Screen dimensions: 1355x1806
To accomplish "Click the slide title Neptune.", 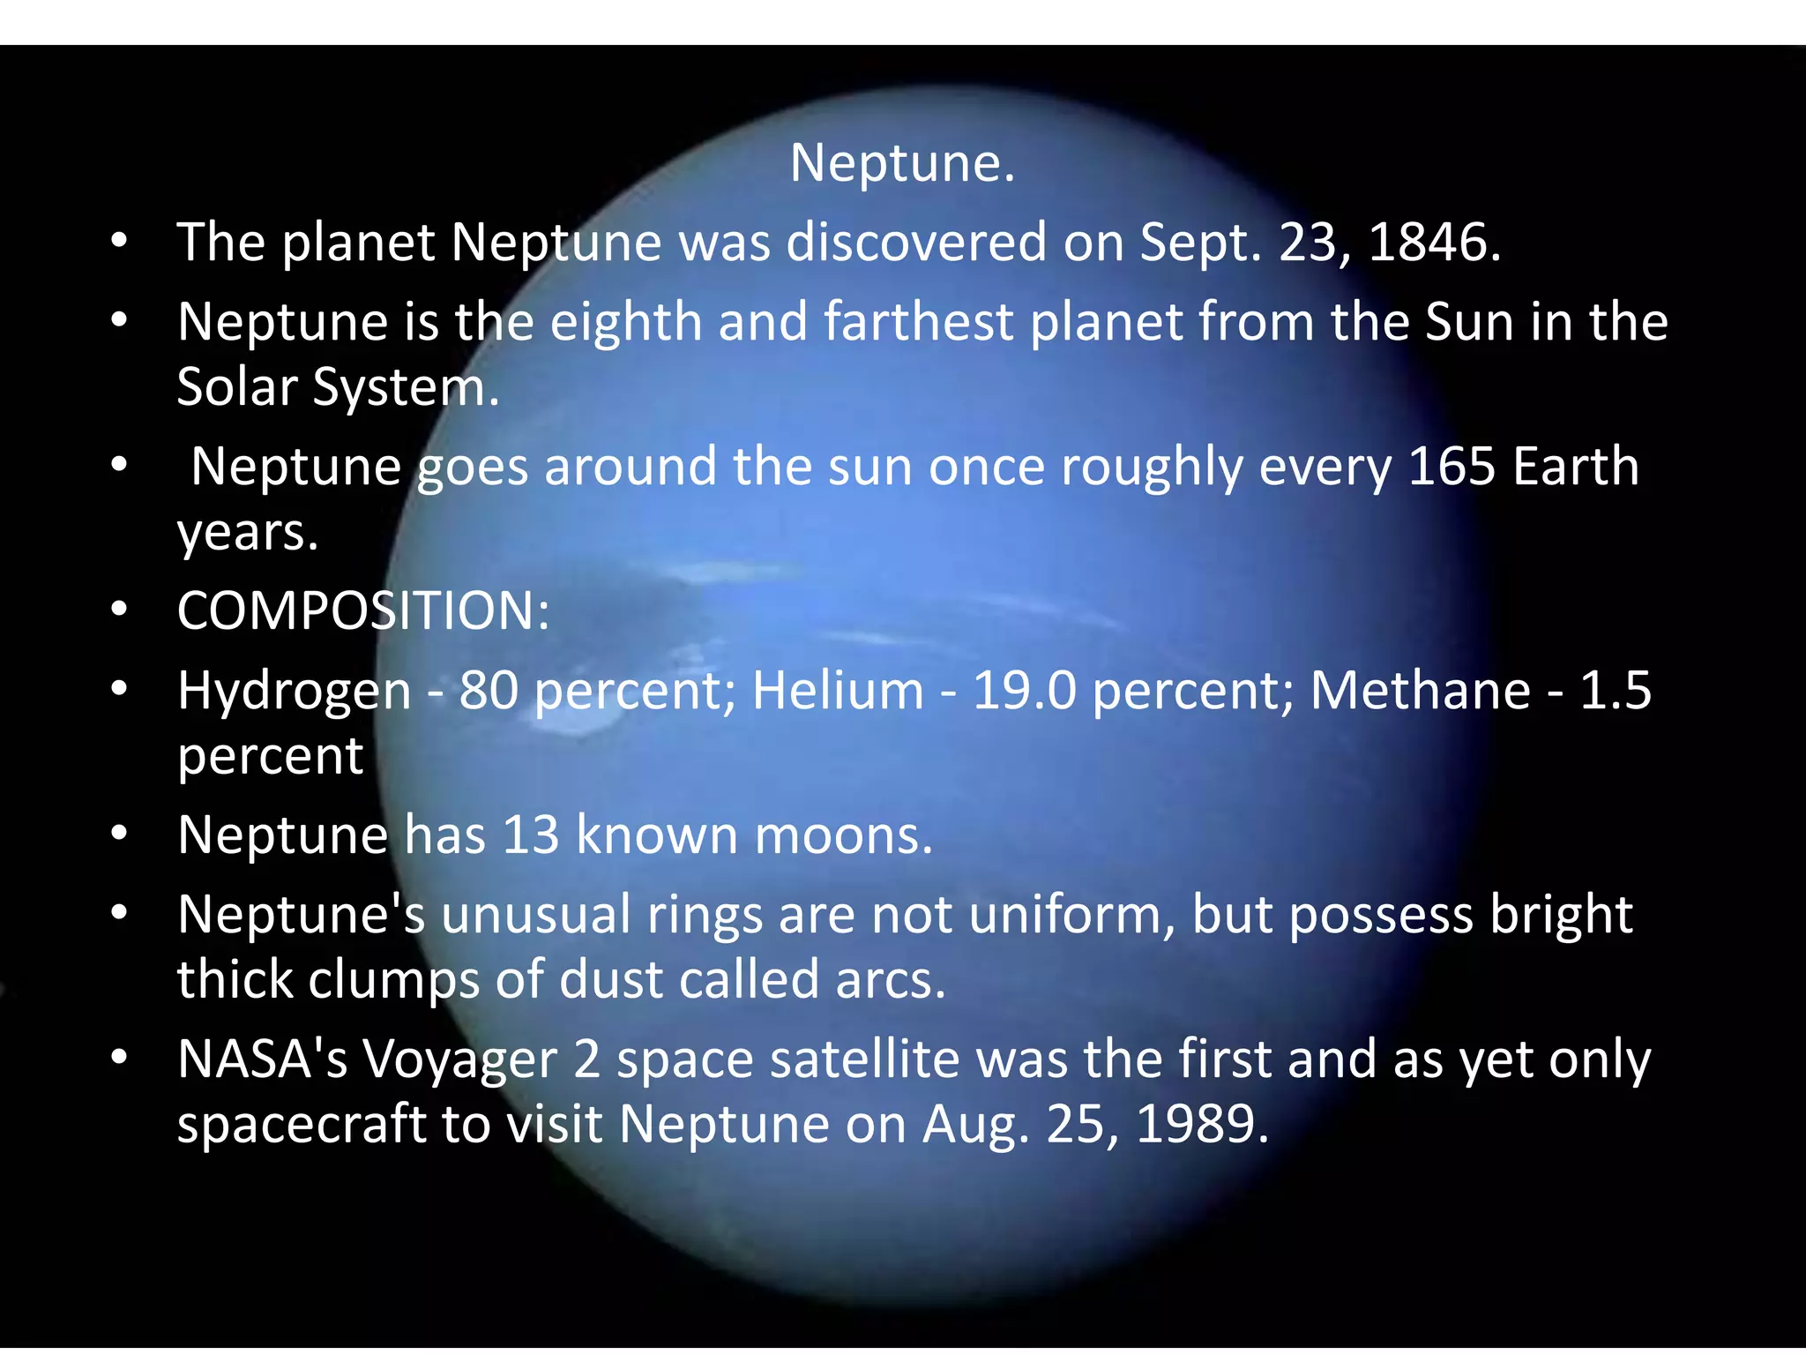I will point(902,163).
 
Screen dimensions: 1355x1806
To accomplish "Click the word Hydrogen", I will point(294,692).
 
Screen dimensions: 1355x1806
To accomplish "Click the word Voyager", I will point(459,1060).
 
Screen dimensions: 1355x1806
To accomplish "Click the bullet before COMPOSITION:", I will point(120,610).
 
